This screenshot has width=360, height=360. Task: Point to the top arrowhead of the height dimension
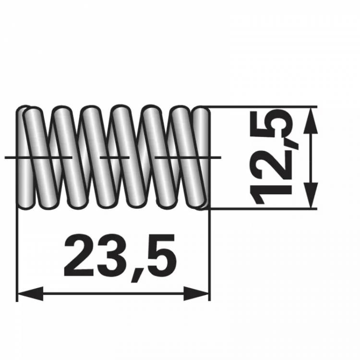pos(312,120)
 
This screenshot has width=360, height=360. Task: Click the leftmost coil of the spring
pos(26,158)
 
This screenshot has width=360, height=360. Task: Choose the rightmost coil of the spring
pos(201,158)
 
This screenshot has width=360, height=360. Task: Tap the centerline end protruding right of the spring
pos(215,157)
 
